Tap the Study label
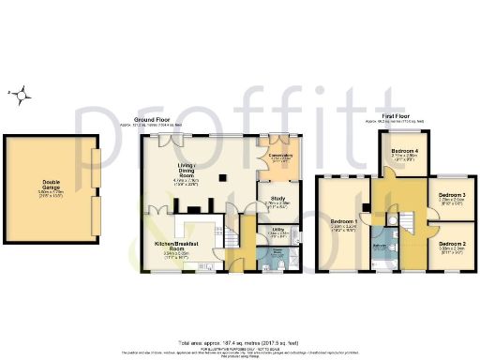pyautogui.click(x=277, y=199)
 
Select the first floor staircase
pyautogui.click(x=407, y=221)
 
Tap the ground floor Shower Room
pyautogui.click(x=277, y=254)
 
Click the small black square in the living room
pyautogui.click(x=222, y=175)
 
